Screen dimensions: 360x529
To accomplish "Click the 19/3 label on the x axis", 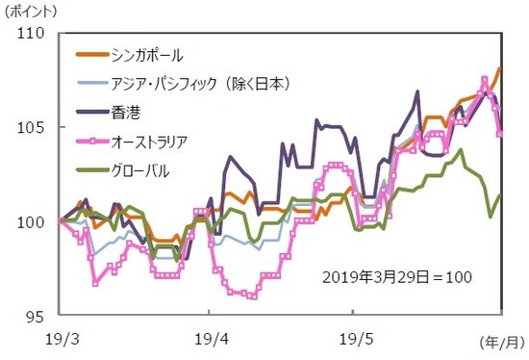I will pos(59,340).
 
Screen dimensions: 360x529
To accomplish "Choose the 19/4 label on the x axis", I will pos(208,340).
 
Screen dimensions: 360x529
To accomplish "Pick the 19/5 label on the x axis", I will pos(354,340).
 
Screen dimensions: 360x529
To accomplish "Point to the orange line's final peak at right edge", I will pos(500,69).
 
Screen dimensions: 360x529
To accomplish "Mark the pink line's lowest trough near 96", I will pos(252,296).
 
